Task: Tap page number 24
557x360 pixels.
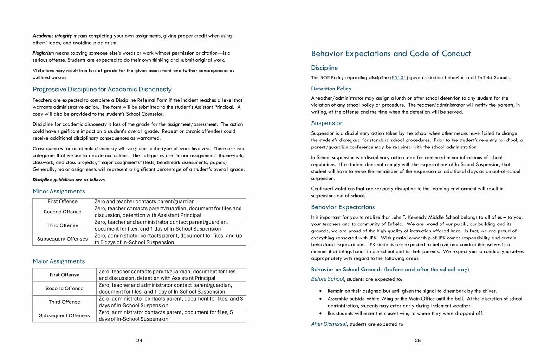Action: click(139, 341)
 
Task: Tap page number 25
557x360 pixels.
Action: click(418, 341)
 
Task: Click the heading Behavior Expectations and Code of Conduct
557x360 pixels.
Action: click(391, 54)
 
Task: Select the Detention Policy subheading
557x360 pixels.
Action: click(331, 89)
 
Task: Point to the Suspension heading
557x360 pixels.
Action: click(327, 123)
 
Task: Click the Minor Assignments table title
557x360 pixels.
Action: click(59, 191)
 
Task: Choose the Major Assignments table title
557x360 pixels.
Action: click(59, 261)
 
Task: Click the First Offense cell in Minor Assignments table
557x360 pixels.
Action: click(63, 202)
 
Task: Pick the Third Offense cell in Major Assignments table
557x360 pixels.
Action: click(65, 302)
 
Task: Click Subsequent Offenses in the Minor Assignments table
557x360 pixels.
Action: click(63, 239)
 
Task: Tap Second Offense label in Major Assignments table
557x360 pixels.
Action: click(65, 289)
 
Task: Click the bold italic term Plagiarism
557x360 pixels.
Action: click(43, 53)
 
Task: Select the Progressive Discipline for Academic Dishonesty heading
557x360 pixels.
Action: click(102, 90)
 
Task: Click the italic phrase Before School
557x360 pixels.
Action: click(328, 279)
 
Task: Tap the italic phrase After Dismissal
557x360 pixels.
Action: click(329, 324)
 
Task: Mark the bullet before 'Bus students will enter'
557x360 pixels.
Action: click(321, 313)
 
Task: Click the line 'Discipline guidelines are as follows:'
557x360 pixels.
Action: click(69, 180)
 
